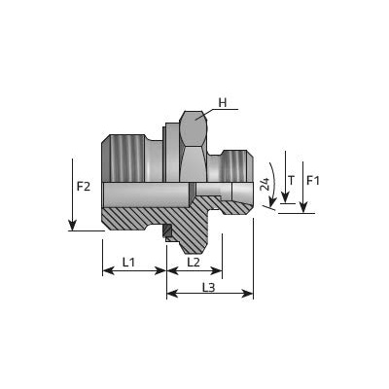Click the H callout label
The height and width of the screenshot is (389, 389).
click(223, 103)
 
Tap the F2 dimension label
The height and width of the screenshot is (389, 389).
click(84, 187)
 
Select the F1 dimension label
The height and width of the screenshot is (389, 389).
click(313, 181)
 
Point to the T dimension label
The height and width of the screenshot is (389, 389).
click(292, 181)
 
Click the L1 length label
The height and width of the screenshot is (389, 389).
click(128, 263)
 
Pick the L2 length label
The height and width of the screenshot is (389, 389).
click(194, 263)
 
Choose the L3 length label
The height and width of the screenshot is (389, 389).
click(209, 288)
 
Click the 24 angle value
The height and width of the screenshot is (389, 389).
click(265, 184)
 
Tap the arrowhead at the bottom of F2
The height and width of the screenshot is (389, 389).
click(72, 225)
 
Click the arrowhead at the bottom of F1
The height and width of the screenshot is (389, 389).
click(303, 207)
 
